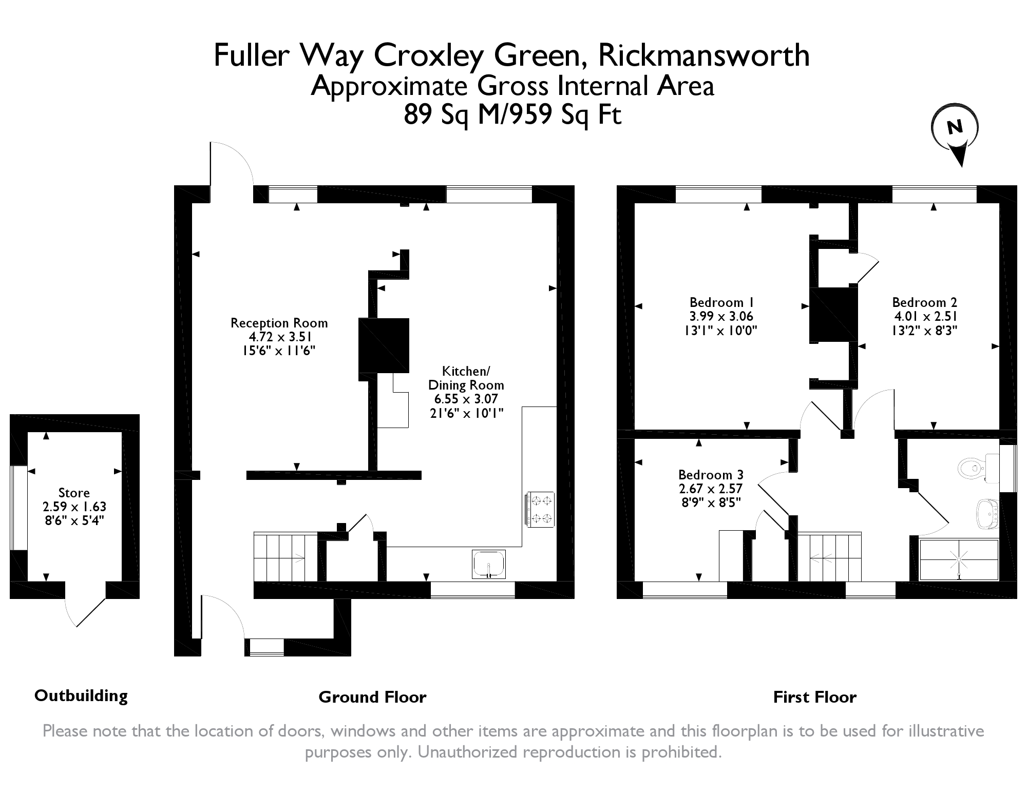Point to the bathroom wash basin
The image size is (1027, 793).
985,513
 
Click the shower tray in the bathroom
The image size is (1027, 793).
959,559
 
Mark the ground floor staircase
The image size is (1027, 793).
286,557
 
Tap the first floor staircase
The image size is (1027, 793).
829,557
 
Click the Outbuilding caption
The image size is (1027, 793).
81,696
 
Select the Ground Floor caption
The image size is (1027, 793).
372,697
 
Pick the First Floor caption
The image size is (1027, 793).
815,697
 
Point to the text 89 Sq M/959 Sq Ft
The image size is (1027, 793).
512,114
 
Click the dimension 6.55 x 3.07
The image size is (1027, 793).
466,399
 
